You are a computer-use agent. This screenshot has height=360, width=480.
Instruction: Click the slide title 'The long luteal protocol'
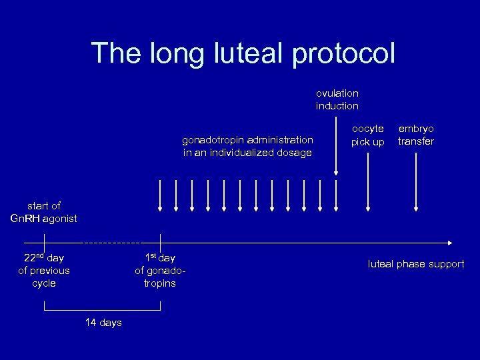[x=243, y=53]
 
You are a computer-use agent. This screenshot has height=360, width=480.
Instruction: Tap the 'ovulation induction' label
[x=337, y=99]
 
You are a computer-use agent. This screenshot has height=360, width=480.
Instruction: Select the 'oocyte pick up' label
[x=368, y=135]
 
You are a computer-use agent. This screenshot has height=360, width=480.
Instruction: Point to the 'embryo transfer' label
[x=416, y=135]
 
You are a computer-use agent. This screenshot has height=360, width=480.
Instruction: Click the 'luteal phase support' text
[x=416, y=264]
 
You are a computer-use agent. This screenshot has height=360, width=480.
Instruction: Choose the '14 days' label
[x=103, y=323]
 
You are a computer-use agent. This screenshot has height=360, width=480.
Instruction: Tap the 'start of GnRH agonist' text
[x=44, y=212]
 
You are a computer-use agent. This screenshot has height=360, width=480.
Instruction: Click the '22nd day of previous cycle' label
[x=44, y=270]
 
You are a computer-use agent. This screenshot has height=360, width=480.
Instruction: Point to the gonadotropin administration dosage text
[x=248, y=146]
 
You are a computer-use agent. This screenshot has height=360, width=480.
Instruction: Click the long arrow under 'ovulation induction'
[x=336, y=147]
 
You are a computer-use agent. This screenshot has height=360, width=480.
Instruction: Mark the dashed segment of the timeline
[x=112, y=242]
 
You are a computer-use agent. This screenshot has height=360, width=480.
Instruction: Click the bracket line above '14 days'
[x=102, y=311]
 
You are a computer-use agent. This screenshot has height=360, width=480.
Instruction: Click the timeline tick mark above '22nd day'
[x=44, y=241]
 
